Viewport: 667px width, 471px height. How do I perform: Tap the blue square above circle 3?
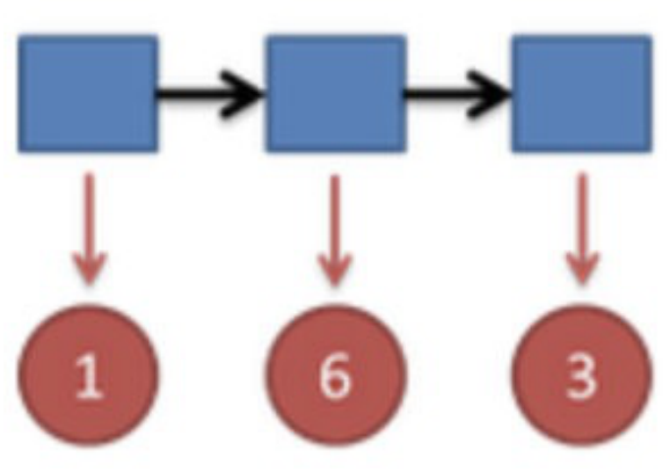coord(582,94)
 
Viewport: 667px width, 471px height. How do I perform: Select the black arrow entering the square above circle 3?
coord(457,95)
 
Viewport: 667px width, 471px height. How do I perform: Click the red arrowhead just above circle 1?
coord(88,269)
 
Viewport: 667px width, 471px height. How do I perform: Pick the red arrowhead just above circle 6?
coord(335,269)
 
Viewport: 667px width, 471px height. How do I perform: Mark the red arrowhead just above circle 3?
coord(582,269)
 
